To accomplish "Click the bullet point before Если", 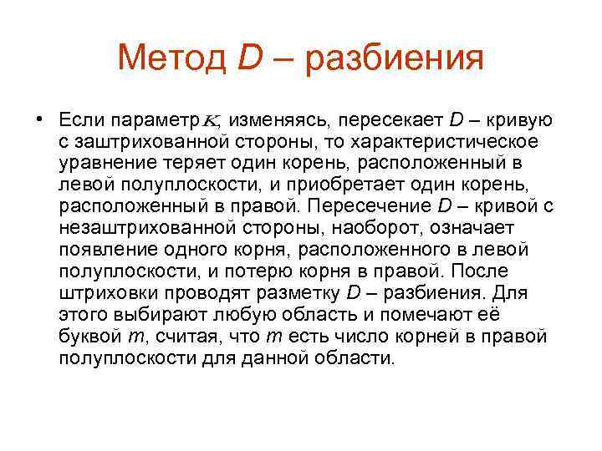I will click(x=39, y=117).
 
